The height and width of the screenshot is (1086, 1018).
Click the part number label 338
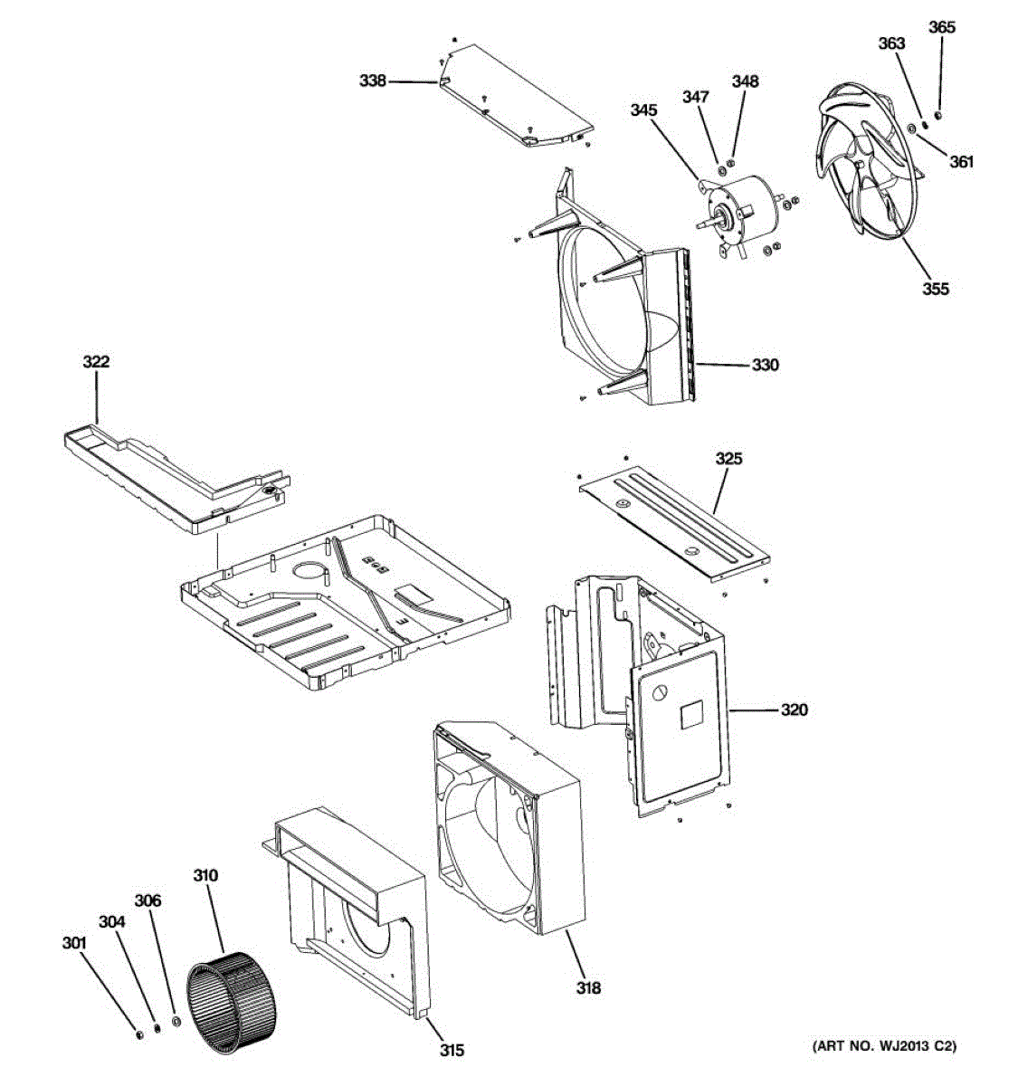[x=373, y=81]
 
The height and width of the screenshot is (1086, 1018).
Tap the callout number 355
[x=936, y=289]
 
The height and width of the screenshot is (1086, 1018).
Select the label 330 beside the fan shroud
[x=765, y=366]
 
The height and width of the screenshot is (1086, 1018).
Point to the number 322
[x=96, y=362]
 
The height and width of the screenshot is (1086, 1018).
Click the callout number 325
[x=728, y=459]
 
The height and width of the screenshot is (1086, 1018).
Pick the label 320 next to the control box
[x=794, y=710]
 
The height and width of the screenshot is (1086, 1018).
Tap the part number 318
[x=588, y=988]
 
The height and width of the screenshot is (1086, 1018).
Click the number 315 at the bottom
[x=452, y=1050]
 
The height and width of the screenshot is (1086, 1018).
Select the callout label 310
[x=205, y=875]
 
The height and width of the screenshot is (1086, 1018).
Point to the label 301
[x=73, y=943]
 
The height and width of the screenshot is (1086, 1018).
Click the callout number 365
[x=941, y=27]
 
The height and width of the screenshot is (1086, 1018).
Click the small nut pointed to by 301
[x=138, y=1033]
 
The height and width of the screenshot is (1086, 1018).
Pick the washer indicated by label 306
[x=176, y=1023]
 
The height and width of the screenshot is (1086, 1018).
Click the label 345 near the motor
[x=643, y=110]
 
